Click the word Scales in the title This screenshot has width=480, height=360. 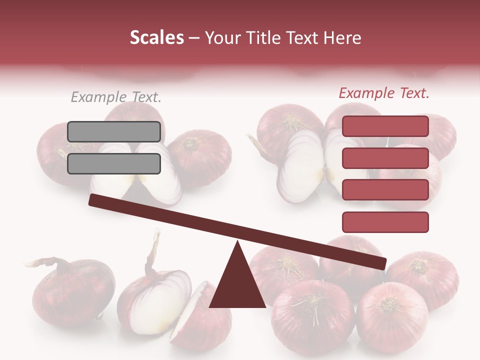(x=156, y=38)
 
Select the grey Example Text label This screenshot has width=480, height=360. (x=116, y=97)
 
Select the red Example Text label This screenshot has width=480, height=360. (x=384, y=93)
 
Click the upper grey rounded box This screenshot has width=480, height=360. (x=114, y=131)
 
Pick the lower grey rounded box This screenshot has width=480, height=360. (x=114, y=163)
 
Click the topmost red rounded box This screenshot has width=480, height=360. (x=385, y=126)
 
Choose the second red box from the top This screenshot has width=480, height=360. (x=385, y=158)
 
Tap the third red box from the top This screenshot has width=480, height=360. (x=385, y=190)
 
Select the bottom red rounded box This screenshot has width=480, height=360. (x=385, y=222)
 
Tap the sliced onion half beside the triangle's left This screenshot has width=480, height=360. (x=200, y=312)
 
